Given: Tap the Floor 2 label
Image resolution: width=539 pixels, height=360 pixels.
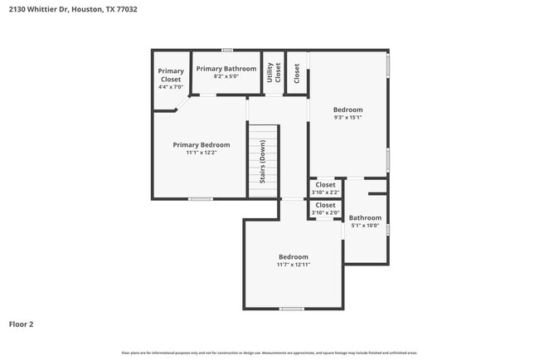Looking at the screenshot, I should tap(22, 324).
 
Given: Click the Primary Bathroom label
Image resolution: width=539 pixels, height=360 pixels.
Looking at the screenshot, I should tap(226, 68).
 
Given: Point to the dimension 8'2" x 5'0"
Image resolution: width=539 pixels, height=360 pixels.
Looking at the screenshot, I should tap(226, 76).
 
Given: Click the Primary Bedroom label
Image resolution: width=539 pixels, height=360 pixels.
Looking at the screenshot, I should tap(202, 144).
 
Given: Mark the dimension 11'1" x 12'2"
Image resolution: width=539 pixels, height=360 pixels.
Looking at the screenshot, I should tap(202, 153).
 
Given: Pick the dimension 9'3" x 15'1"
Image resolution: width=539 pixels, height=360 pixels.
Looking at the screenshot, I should tap(348, 118).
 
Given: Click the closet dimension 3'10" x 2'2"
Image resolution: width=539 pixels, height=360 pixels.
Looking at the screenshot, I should tap(325, 192).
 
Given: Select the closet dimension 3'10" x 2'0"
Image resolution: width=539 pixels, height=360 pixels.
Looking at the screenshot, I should tap(325, 212).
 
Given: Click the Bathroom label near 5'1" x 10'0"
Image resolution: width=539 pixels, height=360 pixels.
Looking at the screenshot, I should tap(365, 218).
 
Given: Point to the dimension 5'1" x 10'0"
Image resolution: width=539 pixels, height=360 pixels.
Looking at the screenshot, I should tap(365, 226).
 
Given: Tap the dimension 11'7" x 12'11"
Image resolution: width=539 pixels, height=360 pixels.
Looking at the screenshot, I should tap(293, 265).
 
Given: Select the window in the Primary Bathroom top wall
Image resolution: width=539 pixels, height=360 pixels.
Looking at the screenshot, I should tap(226, 50).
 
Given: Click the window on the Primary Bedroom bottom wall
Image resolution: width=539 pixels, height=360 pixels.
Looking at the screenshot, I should tap(200, 199).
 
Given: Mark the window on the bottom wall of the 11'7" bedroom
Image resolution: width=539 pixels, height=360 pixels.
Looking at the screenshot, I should tap(291, 309).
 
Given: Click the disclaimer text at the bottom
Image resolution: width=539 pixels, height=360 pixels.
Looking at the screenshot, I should tap(269, 353).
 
